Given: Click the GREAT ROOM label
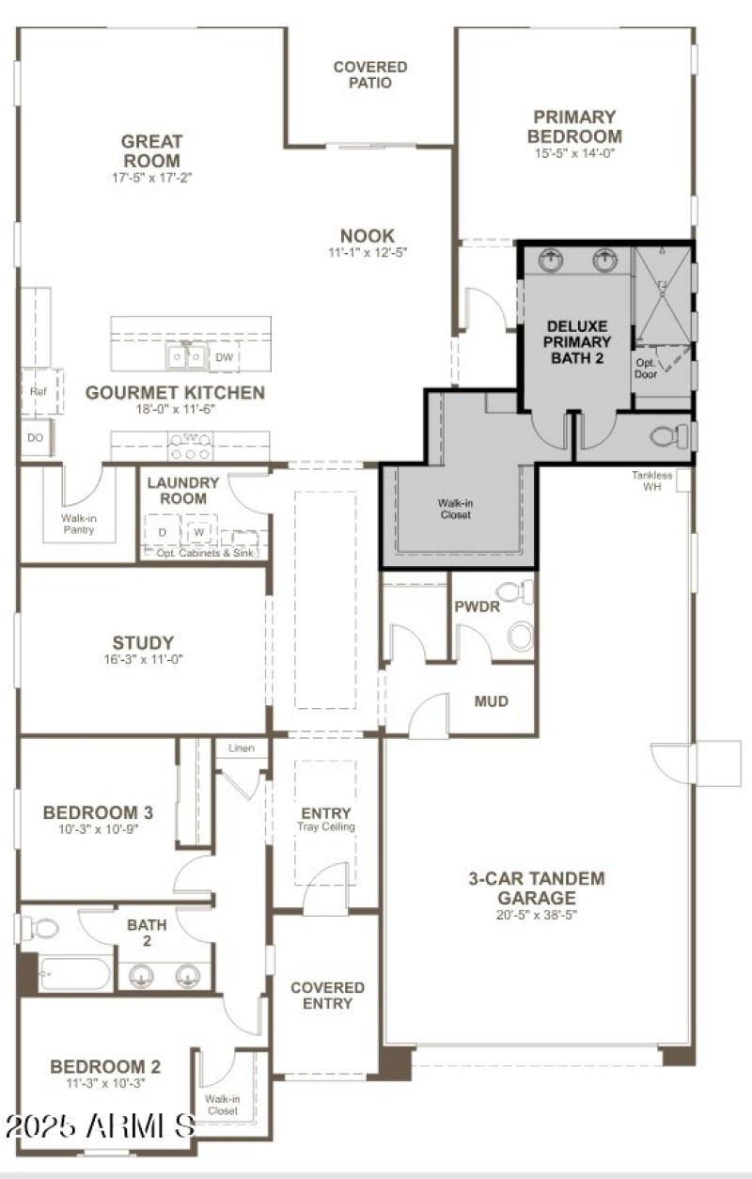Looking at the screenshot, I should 150,150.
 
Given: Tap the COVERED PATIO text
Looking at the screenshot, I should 370,75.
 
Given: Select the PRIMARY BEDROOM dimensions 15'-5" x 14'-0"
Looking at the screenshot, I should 574,153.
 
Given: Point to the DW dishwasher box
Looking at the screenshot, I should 224,357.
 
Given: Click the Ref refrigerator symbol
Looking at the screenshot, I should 38,391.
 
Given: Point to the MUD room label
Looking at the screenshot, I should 491,701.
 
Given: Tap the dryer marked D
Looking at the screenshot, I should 162,532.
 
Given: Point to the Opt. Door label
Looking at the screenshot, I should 646,368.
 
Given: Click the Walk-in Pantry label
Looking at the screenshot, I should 80,524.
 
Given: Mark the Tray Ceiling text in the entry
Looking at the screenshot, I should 326,827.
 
